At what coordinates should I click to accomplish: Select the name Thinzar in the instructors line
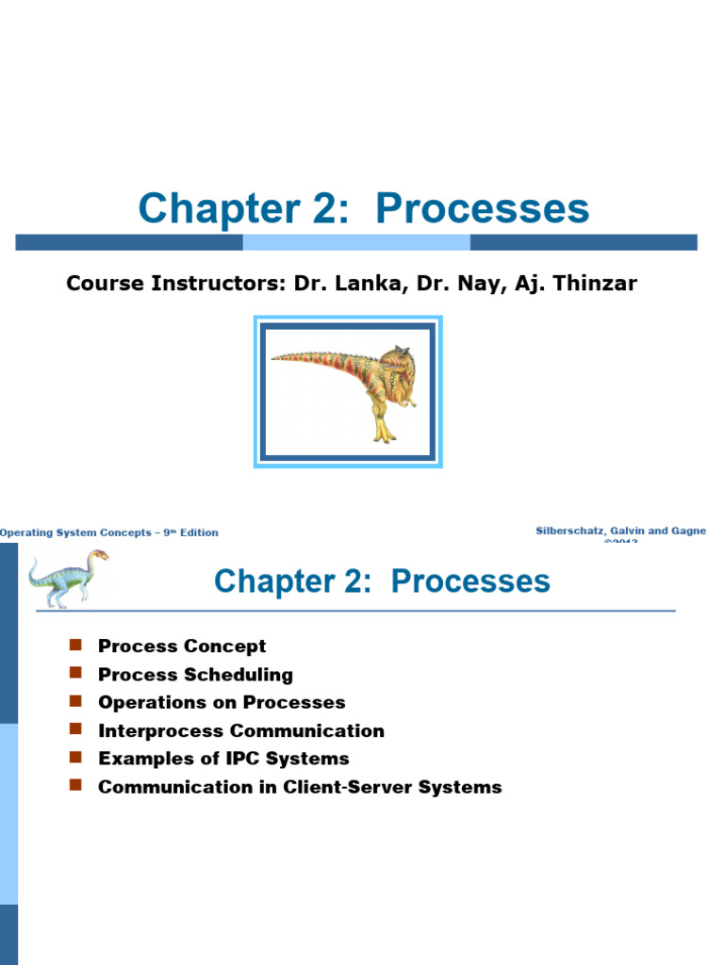click(592, 283)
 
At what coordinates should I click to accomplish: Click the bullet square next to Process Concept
click(76, 646)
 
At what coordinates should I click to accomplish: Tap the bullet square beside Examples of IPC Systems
click(76, 758)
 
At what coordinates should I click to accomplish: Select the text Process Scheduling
click(195, 675)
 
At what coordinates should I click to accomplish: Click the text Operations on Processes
click(222, 703)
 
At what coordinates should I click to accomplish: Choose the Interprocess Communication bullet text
click(240, 731)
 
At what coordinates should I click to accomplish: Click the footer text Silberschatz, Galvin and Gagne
click(620, 532)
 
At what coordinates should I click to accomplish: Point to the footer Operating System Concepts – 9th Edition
click(109, 532)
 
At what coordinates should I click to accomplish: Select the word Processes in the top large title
click(482, 208)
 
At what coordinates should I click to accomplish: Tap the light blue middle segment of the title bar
click(356, 242)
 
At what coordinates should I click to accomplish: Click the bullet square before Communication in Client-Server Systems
click(76, 786)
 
